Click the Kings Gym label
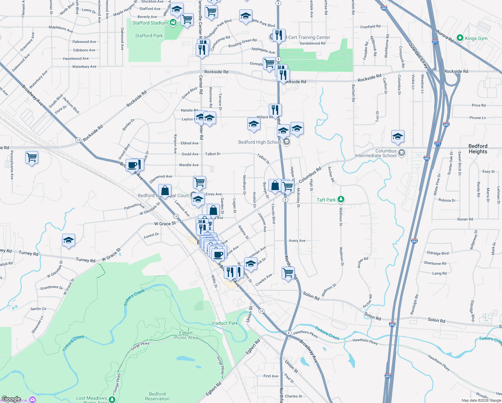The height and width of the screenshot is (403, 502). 476,38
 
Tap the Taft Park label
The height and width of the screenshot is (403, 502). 326,200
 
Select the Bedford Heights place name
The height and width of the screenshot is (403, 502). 478,149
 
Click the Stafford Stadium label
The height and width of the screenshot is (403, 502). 150,23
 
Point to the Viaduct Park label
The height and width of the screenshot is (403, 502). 224,323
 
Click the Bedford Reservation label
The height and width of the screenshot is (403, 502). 157,396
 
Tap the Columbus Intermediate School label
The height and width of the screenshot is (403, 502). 375,153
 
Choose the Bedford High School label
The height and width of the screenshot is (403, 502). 259,142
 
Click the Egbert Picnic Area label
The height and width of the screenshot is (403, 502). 186,335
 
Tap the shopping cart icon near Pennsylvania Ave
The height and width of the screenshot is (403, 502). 32,157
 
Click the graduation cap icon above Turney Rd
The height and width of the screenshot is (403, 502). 68,240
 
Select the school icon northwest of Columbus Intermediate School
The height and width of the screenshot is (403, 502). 398,136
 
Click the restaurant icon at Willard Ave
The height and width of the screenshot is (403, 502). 275,109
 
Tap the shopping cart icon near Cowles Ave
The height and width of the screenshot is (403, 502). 288,273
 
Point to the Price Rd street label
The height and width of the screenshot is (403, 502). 479,105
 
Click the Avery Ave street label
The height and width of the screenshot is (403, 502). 297,240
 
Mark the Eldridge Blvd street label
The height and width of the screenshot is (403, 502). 438,253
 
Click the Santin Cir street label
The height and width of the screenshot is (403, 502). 38,309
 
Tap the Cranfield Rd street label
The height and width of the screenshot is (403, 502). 370,27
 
